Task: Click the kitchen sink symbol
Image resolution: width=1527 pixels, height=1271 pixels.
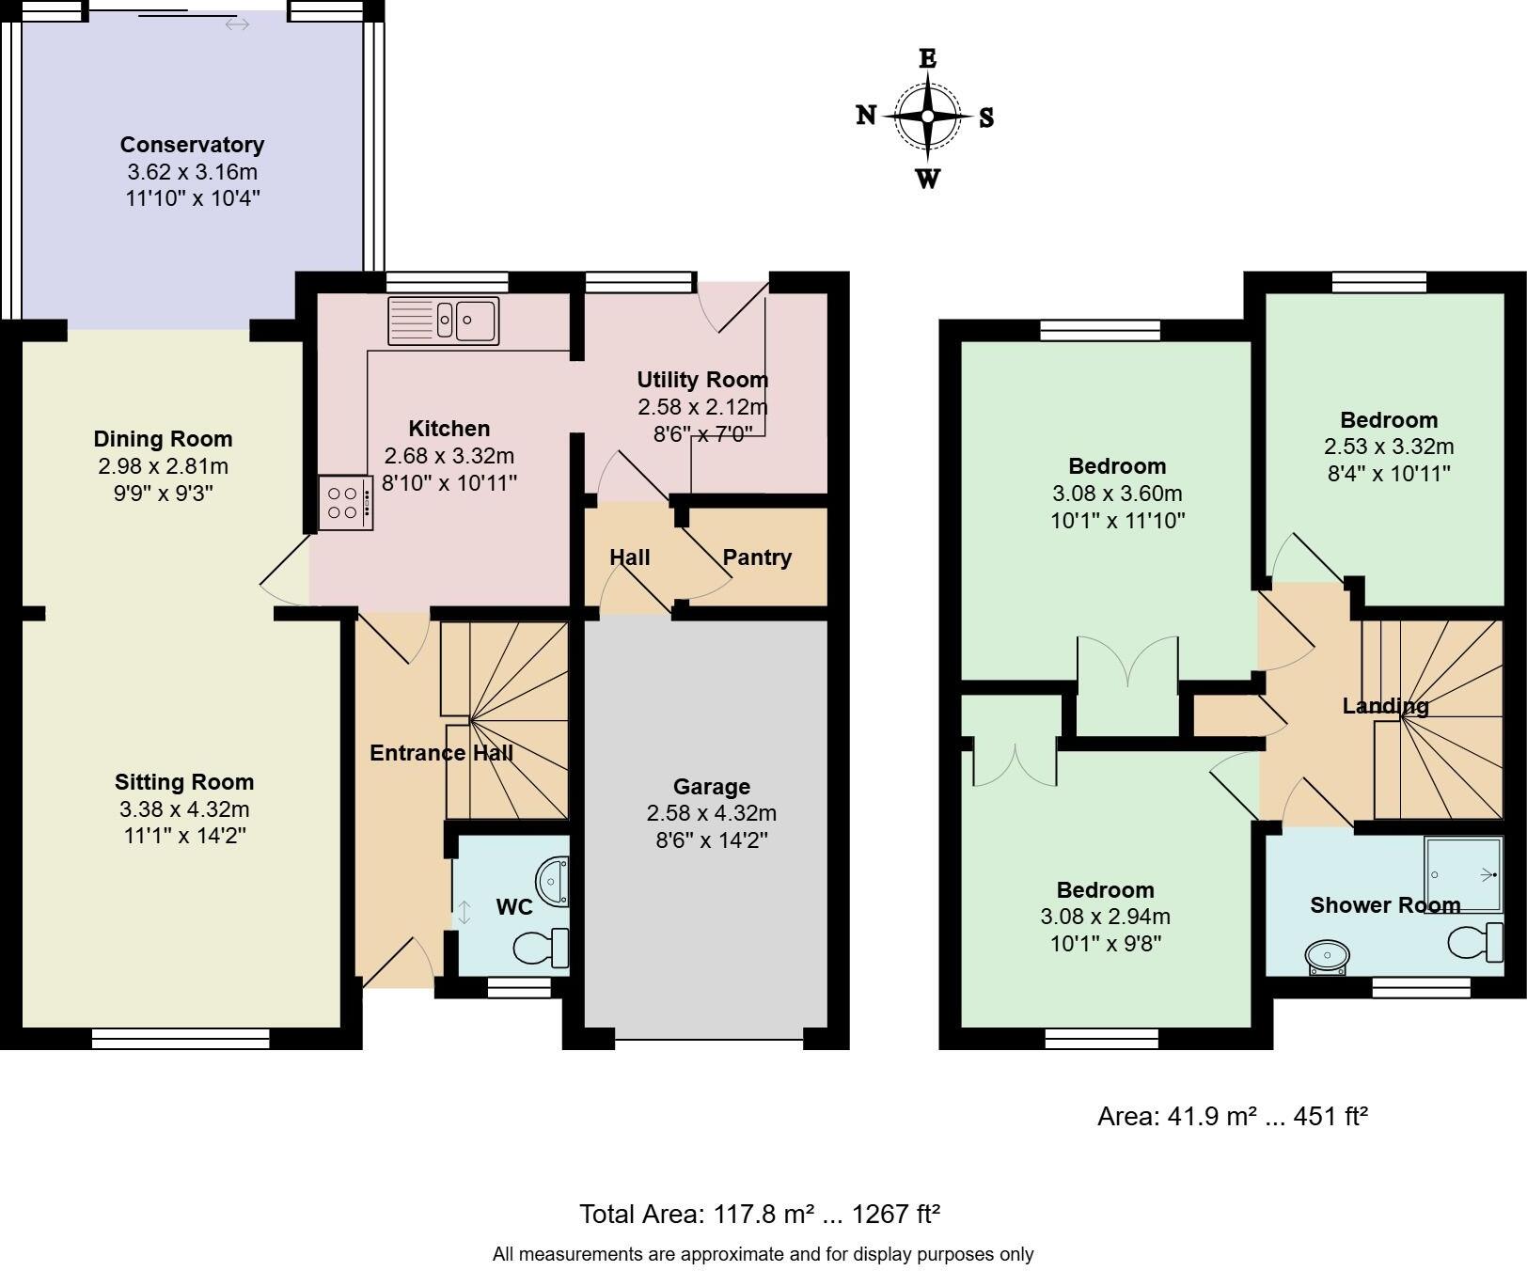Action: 443,321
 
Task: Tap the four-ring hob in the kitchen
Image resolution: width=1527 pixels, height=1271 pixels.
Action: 345,503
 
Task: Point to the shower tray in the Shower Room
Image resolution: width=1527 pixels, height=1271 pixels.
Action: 1463,874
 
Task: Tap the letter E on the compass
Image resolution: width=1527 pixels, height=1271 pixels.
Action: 927,58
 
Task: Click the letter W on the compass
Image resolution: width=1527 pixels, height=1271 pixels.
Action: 927,179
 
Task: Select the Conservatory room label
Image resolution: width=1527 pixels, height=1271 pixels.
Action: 192,145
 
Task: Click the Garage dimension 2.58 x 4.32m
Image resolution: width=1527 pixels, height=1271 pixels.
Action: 711,813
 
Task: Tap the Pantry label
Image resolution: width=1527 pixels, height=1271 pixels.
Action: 757,557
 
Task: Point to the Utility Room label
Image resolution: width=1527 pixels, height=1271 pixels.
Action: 702,380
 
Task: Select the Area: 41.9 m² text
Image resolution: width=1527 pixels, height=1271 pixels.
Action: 1232,1116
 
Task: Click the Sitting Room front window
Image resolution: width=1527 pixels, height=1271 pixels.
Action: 181,1038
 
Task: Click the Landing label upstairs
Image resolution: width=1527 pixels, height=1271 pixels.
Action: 1385,705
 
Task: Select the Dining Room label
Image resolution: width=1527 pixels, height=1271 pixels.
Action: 163,439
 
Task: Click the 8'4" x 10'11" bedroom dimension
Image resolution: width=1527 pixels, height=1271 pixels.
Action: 1389,473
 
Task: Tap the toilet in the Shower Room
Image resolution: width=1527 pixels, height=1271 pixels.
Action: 1474,941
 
